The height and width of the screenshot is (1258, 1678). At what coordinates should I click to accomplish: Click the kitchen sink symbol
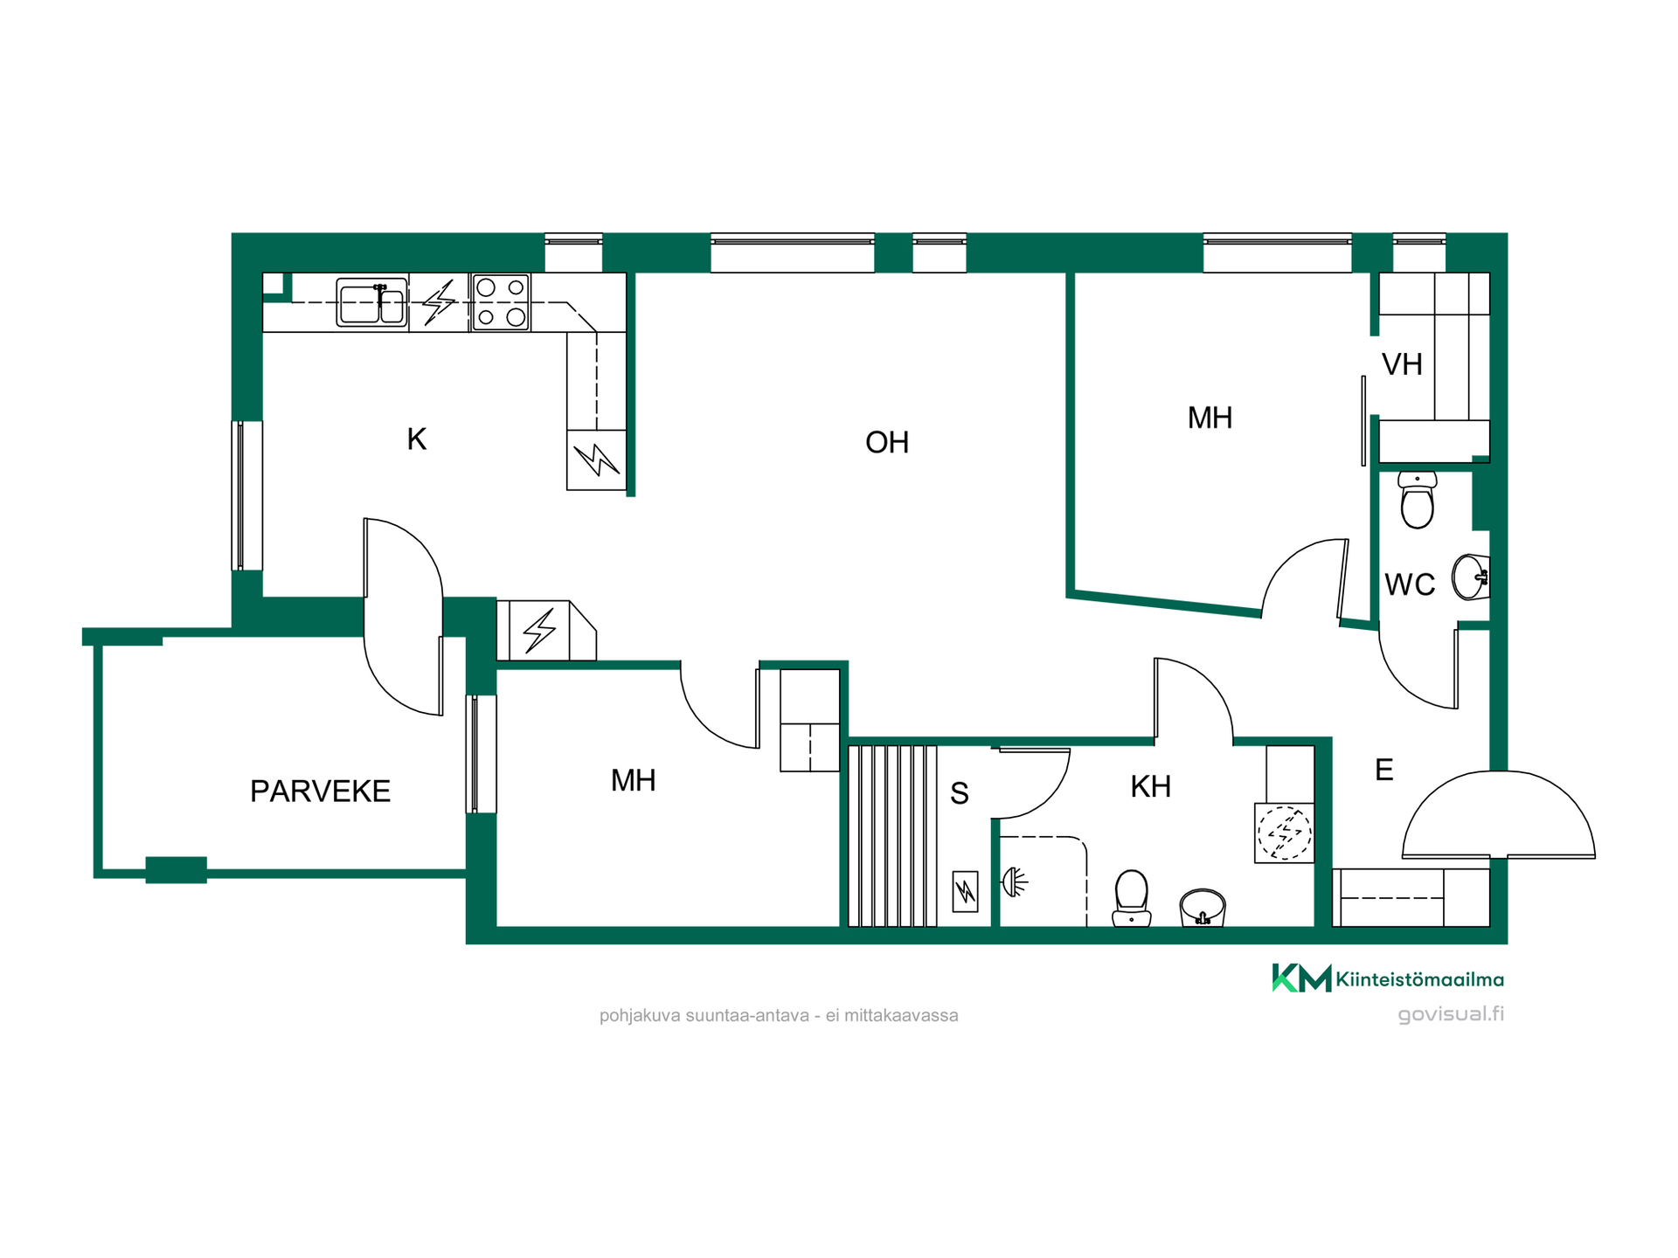point(372,302)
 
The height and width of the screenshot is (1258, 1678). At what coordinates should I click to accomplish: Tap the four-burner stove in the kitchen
point(501,302)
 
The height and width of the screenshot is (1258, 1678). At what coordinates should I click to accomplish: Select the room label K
point(417,439)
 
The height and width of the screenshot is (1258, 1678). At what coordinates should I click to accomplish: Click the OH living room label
point(887,442)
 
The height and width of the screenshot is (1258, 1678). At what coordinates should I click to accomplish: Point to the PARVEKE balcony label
point(320,791)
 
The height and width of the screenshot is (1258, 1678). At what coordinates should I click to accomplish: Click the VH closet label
point(1402,364)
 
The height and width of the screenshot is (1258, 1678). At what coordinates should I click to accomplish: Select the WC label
point(1410,584)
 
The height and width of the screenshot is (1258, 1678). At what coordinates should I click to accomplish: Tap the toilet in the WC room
point(1417,500)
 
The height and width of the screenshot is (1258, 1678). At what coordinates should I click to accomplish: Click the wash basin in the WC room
point(1471,577)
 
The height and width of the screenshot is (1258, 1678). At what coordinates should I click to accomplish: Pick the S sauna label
point(960,793)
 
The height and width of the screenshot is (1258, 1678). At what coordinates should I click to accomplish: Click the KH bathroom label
point(1150,786)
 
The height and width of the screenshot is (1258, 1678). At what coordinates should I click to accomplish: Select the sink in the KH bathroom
point(1203,908)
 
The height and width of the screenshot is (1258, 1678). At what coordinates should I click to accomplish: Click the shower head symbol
point(1015,882)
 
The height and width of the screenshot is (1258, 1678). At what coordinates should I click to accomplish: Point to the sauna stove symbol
point(965,891)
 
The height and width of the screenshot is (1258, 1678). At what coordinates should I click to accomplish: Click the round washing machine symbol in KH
point(1284,833)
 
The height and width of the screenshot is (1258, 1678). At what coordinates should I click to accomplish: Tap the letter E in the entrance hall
point(1384,770)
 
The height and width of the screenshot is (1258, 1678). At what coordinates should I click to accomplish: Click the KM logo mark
point(1301,978)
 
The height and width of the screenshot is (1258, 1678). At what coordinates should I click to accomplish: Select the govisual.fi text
point(1451,1014)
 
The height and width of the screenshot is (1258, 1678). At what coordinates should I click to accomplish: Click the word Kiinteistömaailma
point(1420,979)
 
